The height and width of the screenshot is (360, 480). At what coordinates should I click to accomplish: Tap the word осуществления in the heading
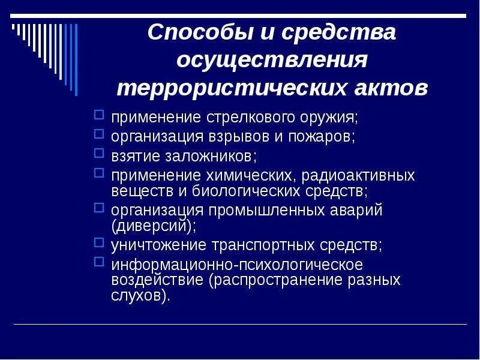[x=272, y=60]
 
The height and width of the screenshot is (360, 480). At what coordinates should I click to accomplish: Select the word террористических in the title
[x=231, y=88]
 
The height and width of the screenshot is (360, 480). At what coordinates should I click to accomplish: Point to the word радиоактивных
[x=358, y=176]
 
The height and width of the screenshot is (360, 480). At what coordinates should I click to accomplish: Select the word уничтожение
[x=158, y=245]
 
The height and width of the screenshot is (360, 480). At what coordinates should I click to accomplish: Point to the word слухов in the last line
[x=139, y=296]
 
